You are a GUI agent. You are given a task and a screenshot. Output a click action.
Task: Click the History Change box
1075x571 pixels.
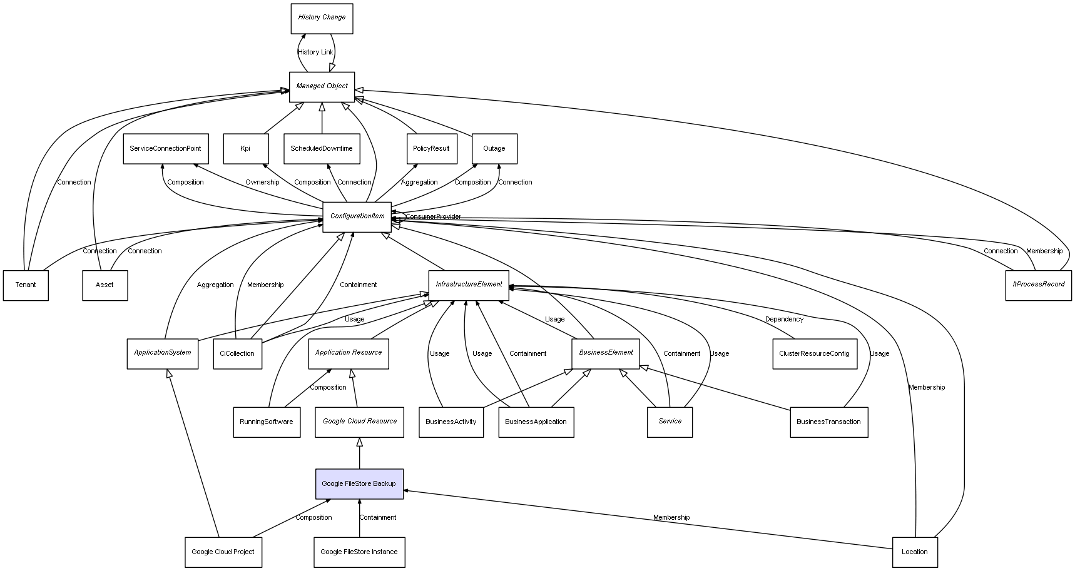[x=322, y=18]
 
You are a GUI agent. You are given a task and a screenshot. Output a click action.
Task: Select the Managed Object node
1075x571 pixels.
[x=322, y=86]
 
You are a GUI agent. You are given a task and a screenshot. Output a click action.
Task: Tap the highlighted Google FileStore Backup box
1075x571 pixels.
[x=359, y=483]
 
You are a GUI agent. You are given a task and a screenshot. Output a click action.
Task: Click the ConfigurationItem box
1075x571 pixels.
[x=357, y=216]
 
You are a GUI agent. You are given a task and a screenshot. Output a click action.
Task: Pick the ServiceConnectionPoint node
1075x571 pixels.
[x=165, y=149]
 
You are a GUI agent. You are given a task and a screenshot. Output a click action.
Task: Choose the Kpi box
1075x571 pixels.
[x=245, y=149]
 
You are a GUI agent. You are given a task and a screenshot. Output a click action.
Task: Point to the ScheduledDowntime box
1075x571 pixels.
[x=322, y=149]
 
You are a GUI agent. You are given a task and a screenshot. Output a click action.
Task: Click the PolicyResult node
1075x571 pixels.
[x=431, y=149]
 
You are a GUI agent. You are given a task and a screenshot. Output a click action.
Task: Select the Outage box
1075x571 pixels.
[x=494, y=149]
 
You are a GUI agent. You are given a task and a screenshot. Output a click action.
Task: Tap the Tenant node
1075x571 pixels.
[x=26, y=285]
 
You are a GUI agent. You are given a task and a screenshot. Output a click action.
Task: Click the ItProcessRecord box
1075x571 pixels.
[x=1038, y=285]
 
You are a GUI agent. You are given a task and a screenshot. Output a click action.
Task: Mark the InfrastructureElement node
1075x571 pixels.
[x=469, y=285]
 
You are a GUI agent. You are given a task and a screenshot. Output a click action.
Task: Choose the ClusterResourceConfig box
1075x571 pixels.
[x=814, y=353]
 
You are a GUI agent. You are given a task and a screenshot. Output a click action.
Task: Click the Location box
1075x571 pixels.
[x=914, y=552]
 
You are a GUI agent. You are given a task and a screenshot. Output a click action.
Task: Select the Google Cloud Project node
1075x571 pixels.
[x=223, y=552]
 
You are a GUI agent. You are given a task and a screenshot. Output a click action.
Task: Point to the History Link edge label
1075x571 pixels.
[x=315, y=53]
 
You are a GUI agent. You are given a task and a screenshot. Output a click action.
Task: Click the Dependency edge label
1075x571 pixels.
[x=784, y=320]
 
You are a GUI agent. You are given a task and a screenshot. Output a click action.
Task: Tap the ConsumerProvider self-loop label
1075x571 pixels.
[x=433, y=217]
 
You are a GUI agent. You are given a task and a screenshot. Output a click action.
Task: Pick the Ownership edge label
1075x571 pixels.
[x=262, y=183]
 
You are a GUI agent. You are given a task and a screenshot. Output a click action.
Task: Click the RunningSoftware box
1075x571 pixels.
[x=266, y=422]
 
